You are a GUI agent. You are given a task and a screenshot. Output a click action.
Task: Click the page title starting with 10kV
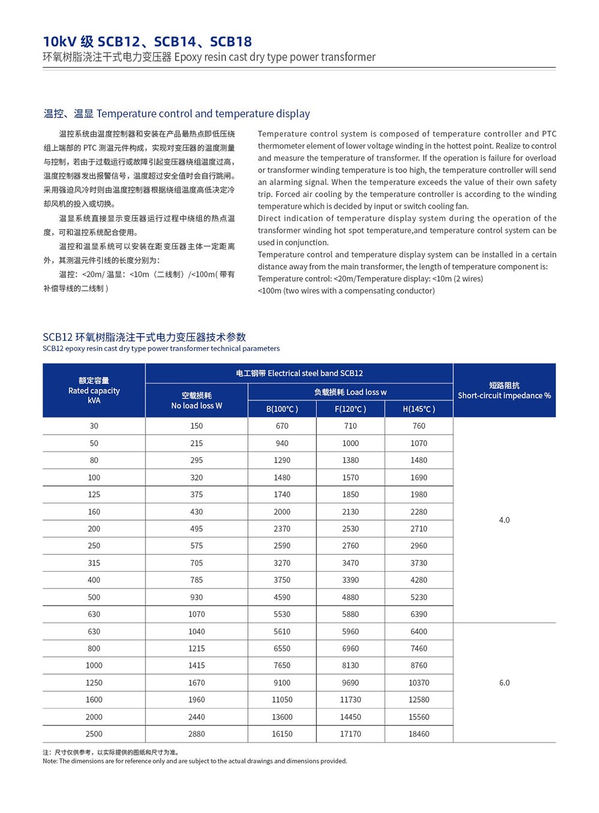147,41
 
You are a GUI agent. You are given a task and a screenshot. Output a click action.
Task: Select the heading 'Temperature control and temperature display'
177,113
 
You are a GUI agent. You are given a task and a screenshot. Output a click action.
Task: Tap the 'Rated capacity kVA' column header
94,391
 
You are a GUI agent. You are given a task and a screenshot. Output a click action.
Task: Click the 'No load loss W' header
196,401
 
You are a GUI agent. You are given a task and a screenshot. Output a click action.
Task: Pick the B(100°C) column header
282,409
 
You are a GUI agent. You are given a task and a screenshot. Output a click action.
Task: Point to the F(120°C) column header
350,409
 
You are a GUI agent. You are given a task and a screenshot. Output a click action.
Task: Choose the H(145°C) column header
419,409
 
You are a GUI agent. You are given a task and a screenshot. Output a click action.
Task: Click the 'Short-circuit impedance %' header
504,391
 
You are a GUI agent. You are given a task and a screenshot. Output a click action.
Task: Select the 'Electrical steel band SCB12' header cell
299,373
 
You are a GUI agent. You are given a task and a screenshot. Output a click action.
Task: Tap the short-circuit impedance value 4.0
504,520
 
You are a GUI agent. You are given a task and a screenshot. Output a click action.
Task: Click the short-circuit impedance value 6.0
504,682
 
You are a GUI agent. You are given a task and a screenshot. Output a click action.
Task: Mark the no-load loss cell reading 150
196,426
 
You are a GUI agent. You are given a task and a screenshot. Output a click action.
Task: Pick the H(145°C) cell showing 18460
419,734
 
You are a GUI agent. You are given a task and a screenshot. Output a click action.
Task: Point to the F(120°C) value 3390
350,580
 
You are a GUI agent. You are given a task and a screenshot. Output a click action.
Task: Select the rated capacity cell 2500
94,734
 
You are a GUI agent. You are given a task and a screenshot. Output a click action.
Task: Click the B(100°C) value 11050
282,700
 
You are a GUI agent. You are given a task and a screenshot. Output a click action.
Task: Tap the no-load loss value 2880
196,734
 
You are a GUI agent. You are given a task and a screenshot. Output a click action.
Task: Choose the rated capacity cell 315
94,563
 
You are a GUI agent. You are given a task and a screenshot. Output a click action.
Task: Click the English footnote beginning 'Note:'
195,761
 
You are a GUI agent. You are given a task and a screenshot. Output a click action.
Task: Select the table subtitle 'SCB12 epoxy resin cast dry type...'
161,349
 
